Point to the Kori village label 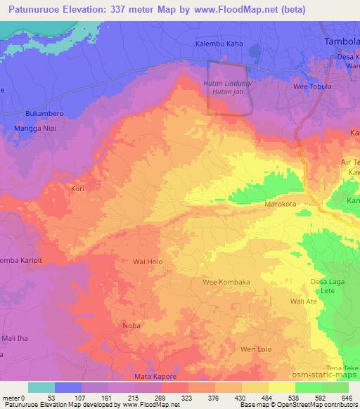pyautogui.click(x=78, y=189)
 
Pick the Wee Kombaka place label pyautogui.click(x=226, y=282)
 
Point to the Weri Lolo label pyautogui.click(x=256, y=349)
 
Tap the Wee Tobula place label pyautogui.click(x=313, y=86)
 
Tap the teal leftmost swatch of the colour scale pyautogui.click(x=41, y=387)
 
